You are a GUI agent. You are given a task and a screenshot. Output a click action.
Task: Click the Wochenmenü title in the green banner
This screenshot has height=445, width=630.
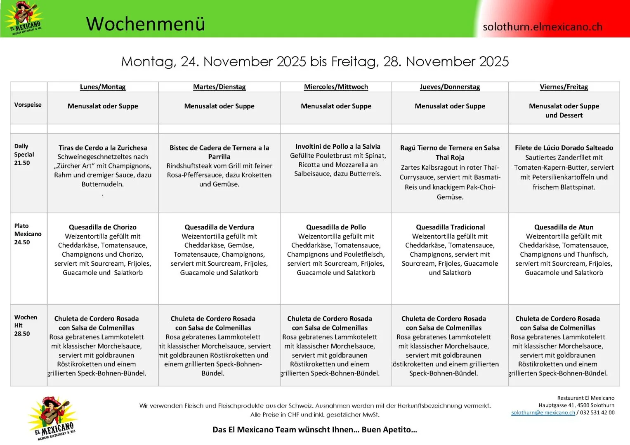145,24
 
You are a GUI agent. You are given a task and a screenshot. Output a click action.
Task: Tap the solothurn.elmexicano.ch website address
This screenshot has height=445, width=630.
542,27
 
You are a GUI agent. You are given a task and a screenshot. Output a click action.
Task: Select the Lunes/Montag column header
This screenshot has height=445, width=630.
103,87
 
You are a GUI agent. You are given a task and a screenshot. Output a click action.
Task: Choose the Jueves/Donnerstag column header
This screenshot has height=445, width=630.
450,87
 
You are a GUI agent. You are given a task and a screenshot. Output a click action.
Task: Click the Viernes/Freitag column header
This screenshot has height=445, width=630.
564,87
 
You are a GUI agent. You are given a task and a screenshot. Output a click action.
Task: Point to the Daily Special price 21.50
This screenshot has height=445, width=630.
22,163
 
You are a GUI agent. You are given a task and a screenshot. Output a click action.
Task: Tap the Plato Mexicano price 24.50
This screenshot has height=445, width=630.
22,242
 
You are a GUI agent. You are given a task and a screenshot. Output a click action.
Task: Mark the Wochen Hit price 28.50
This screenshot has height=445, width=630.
22,334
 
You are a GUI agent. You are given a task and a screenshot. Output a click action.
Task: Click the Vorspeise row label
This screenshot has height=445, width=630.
28,105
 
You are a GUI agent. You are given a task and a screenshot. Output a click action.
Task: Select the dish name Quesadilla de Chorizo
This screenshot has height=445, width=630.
103,227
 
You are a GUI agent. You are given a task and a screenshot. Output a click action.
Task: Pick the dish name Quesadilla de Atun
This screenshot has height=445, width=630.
564,227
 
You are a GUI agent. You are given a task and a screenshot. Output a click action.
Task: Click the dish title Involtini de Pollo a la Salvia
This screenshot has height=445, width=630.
337,146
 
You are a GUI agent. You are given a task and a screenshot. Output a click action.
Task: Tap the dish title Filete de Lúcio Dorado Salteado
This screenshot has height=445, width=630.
564,148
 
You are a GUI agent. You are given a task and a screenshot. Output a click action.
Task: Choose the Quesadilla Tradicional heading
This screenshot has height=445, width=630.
450,227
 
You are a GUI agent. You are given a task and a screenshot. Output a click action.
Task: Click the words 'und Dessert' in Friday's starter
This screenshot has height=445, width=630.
564,115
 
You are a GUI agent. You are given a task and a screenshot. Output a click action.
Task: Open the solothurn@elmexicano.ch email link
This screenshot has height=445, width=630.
543,412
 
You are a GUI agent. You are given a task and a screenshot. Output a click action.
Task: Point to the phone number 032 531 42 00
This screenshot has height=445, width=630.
597,412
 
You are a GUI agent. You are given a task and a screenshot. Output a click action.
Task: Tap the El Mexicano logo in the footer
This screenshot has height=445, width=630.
52,418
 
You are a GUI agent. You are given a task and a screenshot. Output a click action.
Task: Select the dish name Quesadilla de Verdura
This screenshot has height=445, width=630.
219,227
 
